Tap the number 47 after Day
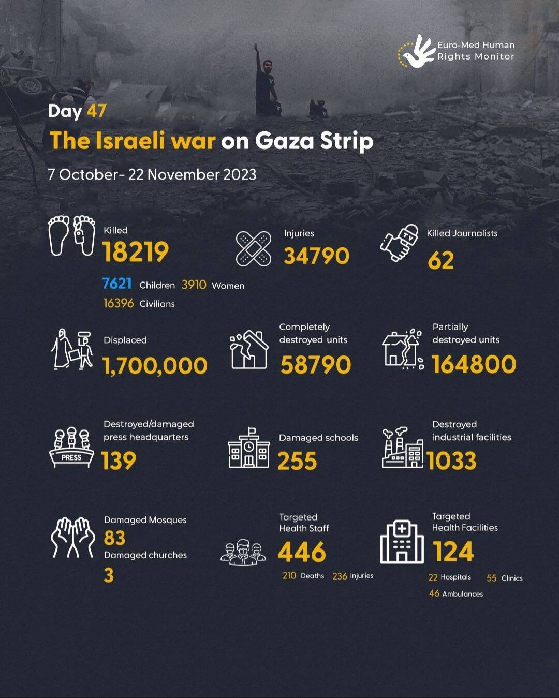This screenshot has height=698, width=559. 96,111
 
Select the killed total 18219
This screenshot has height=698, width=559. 136,252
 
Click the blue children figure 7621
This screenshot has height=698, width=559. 117,284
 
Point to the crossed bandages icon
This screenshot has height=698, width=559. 254,249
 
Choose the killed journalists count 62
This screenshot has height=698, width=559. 440,260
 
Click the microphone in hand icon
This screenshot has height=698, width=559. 399,243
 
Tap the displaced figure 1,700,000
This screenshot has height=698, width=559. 155,366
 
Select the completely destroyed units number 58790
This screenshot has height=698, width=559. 316,365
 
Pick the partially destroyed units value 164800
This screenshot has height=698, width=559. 474,364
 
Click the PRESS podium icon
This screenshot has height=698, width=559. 71,448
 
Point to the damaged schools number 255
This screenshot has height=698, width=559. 297,461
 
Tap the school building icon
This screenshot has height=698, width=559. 249,448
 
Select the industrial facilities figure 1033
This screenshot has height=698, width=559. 451,461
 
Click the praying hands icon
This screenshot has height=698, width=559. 73,538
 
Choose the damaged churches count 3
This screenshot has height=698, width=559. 109,575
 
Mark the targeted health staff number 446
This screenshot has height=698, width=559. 302,552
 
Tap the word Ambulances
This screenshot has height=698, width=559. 462,594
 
